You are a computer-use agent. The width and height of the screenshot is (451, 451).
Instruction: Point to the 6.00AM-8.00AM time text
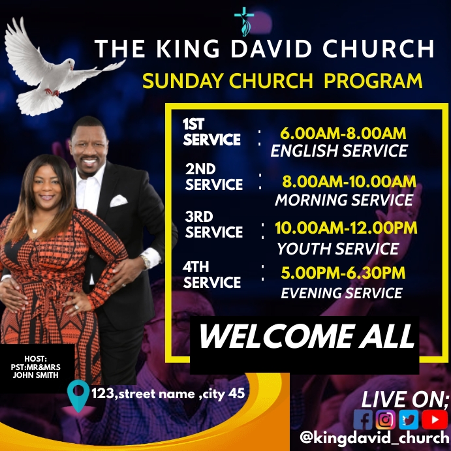click(343, 134)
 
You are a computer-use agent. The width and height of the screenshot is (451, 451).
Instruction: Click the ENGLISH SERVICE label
click(339, 151)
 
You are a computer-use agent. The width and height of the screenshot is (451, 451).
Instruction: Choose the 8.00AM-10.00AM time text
click(349, 181)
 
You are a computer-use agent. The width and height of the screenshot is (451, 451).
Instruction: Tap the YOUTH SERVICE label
click(337, 249)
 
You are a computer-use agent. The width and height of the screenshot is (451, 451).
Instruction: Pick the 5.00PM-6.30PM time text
click(343, 273)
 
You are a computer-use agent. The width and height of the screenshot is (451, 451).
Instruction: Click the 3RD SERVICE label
click(213, 225)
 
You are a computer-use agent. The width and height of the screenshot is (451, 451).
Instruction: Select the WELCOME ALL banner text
click(307, 337)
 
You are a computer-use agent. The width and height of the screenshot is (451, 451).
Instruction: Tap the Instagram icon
click(386, 418)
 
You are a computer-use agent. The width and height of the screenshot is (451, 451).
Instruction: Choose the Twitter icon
click(408, 418)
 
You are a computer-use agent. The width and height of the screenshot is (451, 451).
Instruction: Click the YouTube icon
click(431, 418)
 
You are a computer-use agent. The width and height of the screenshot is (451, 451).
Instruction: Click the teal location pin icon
click(79, 396)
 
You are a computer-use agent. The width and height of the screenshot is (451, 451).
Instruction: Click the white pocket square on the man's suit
click(118, 200)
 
